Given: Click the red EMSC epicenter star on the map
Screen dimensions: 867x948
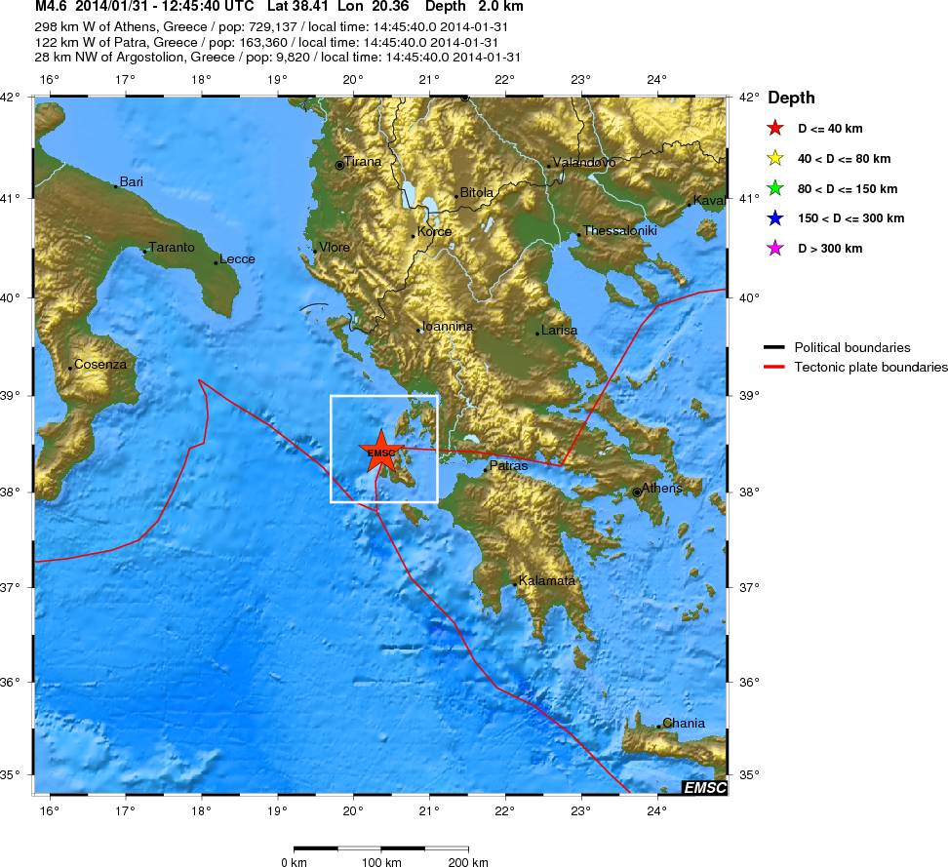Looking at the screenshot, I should click(381, 451).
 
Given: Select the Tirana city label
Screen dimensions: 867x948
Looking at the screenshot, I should click(362, 161).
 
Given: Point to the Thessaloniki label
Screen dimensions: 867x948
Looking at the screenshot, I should click(620, 231).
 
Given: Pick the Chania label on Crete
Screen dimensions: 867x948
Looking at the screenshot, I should click(683, 724).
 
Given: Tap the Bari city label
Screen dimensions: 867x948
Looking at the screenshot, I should click(131, 181).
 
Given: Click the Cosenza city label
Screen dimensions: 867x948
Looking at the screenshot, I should click(100, 364).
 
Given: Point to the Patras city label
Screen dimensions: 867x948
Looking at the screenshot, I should click(507, 466).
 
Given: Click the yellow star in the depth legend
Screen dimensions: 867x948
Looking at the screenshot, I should click(774, 158).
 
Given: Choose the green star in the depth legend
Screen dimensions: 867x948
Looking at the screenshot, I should click(774, 188).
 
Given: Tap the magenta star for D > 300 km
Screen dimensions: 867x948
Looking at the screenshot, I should click(774, 249).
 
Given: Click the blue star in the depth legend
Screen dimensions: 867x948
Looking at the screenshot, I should click(774, 218).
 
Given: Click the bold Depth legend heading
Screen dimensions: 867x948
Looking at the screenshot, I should click(791, 99).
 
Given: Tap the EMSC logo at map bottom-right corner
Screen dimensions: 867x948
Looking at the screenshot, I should click(703, 787).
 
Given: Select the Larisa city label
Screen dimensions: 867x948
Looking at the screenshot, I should click(559, 330).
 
